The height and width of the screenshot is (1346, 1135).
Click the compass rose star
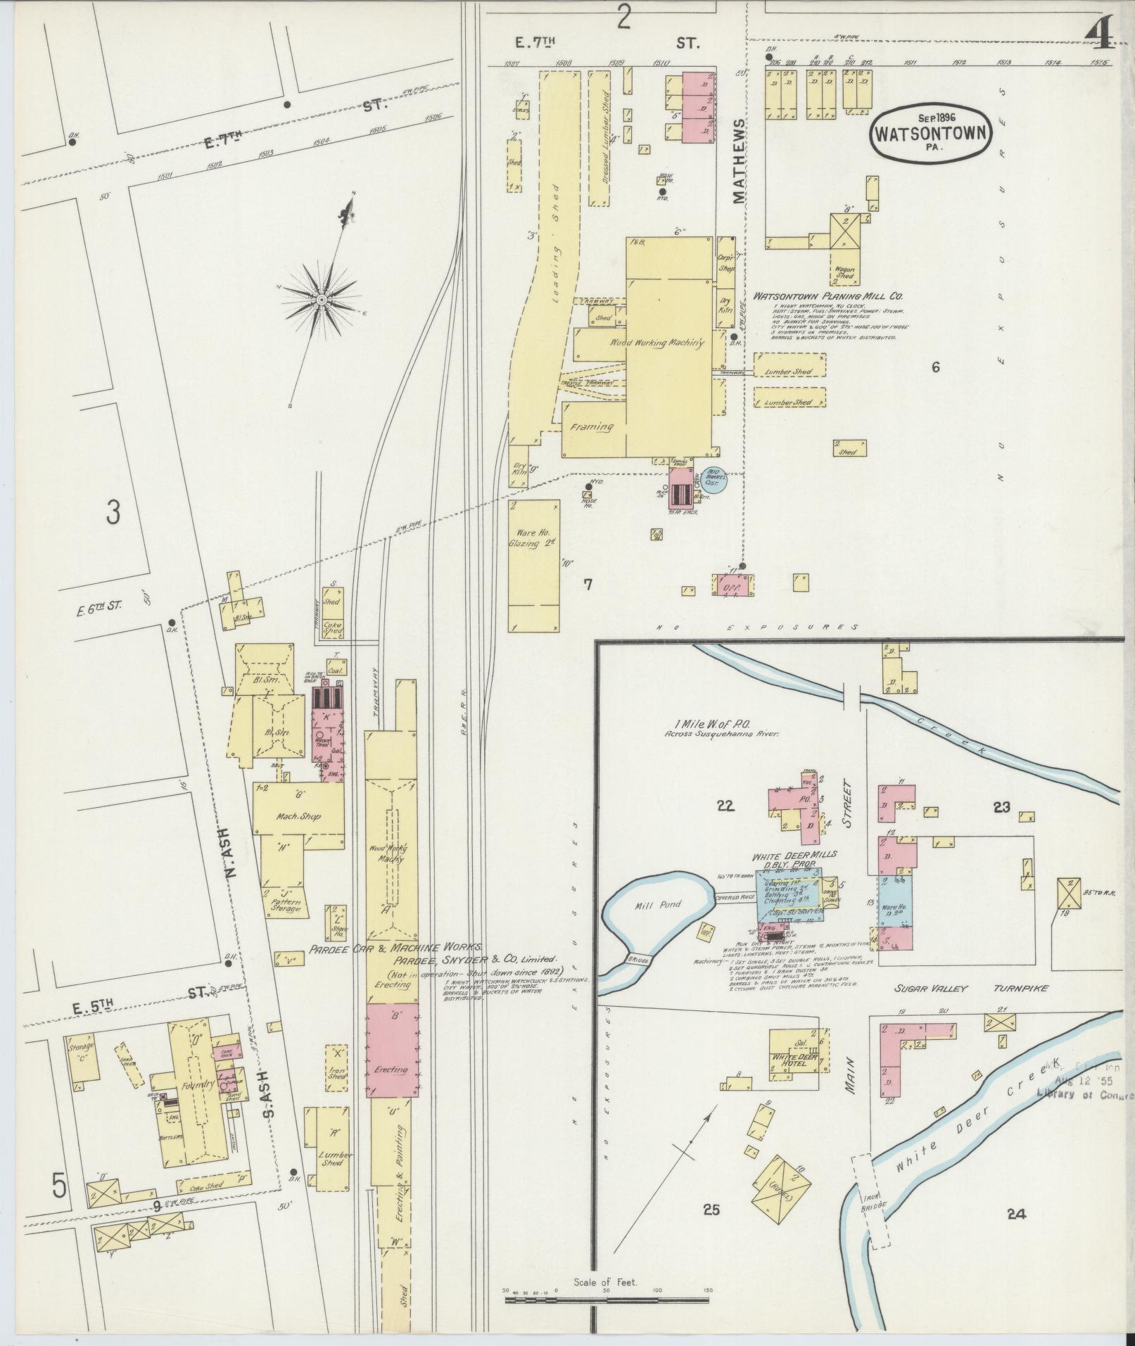pos(321,300)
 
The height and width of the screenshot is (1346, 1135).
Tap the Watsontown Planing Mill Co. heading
pos(828,297)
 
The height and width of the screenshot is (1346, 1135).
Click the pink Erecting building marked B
pos(391,1051)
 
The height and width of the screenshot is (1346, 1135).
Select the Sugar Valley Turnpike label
pos(971,989)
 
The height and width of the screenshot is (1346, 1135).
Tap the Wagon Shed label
pos(845,273)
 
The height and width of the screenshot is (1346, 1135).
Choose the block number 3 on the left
pos(113,514)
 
